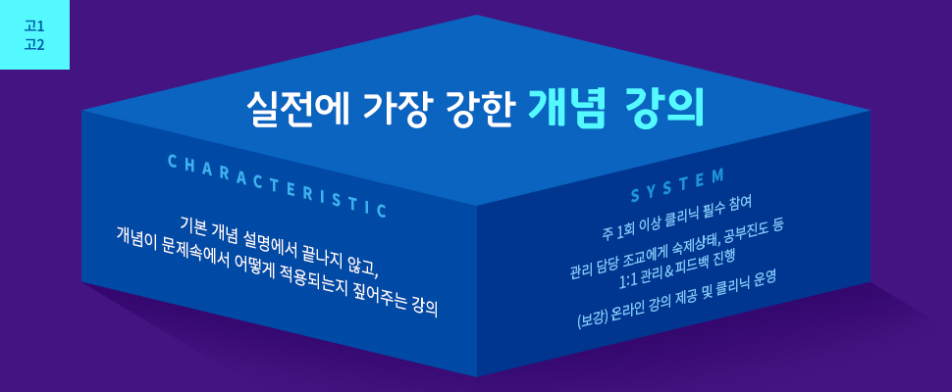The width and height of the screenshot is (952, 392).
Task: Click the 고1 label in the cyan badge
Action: click(34, 26)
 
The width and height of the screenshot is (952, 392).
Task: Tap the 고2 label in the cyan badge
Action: click(34, 45)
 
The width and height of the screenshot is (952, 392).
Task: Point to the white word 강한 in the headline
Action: click(478, 109)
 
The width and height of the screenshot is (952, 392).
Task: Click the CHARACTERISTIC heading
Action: click(277, 185)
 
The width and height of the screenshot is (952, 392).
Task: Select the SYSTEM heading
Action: click(677, 186)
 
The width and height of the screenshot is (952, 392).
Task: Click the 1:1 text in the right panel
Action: click(625, 281)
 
